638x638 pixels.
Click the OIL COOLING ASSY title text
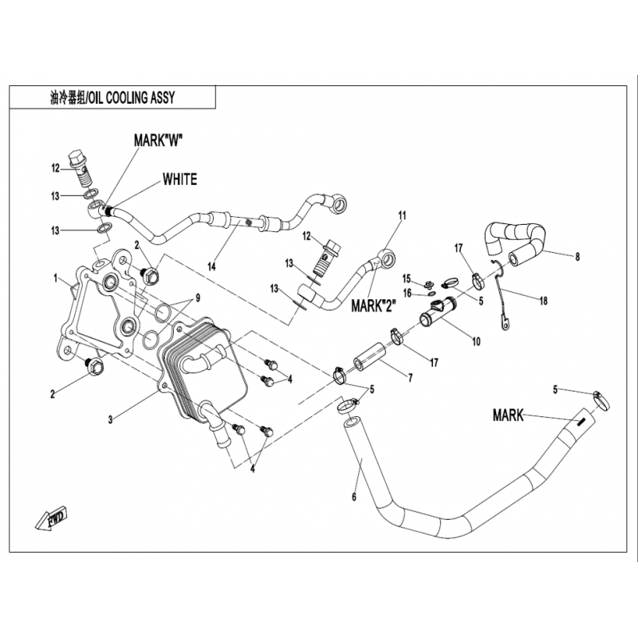coord(112,97)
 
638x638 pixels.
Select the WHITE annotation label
coord(179,179)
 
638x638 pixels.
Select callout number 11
coord(402,215)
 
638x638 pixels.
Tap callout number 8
coord(577,257)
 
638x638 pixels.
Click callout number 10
coord(476,342)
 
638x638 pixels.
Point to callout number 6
coord(353,496)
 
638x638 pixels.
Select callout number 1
coord(55,278)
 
